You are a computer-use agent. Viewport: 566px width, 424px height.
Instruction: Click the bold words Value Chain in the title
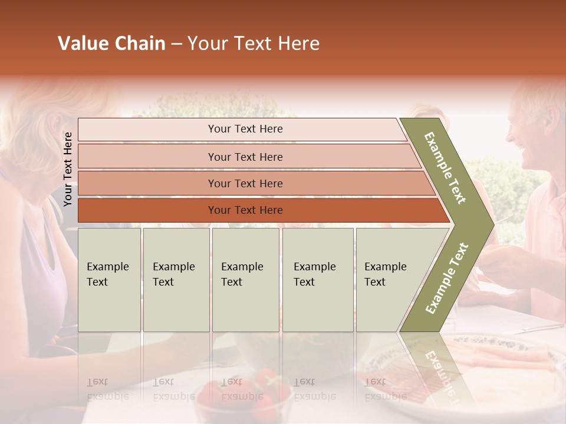(x=111, y=44)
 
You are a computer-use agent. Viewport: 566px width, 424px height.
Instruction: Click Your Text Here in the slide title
(x=254, y=44)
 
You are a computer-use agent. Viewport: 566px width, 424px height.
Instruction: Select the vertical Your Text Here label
(x=68, y=169)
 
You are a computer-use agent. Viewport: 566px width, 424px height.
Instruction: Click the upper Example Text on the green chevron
(x=446, y=168)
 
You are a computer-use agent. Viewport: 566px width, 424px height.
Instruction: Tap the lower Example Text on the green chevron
(x=447, y=278)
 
